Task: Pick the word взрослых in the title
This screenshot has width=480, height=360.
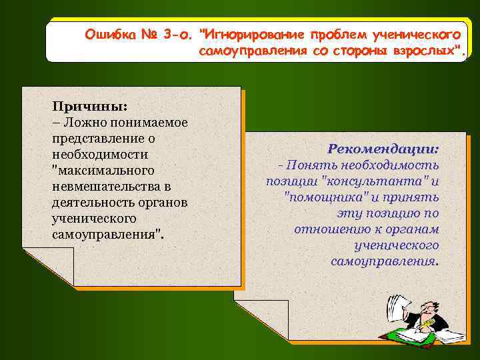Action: point(427,52)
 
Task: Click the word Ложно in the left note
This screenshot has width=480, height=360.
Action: point(81,123)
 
